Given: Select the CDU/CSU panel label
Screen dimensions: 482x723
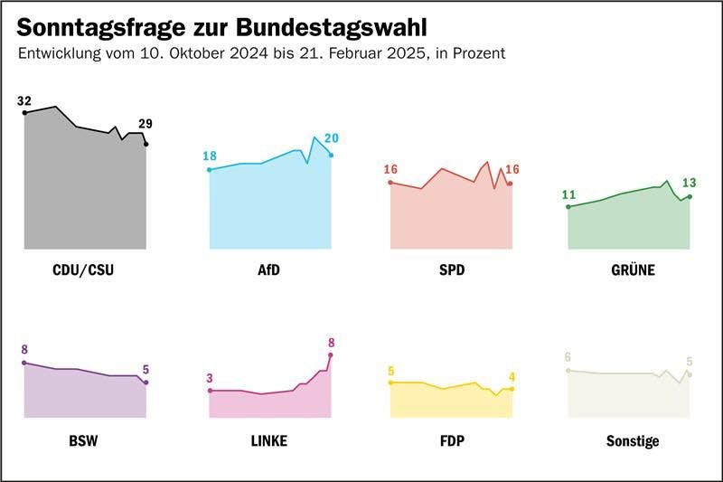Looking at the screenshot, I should (x=84, y=269).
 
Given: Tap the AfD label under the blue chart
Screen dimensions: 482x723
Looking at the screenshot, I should (x=269, y=269).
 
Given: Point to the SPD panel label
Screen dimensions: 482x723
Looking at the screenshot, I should (x=450, y=269).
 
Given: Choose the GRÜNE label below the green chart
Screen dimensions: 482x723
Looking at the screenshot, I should (x=632, y=269).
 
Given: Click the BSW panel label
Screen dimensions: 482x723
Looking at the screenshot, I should (x=84, y=441).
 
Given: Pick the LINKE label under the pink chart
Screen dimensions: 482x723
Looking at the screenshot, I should (x=269, y=441).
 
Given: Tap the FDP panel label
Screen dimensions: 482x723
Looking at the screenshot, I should (x=450, y=441).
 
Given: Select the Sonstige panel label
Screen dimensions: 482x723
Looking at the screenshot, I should (x=632, y=441).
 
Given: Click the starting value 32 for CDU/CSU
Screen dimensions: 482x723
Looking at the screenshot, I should (x=24, y=100).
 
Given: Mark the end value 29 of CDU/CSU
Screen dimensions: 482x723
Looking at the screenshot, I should (x=146, y=124).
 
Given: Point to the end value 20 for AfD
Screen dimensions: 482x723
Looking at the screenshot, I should (x=331, y=137).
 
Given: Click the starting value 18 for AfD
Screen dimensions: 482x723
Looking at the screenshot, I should (x=210, y=156).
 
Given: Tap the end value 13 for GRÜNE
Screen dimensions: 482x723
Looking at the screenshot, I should (x=690, y=182).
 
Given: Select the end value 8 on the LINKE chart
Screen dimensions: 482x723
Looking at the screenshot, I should (x=331, y=342).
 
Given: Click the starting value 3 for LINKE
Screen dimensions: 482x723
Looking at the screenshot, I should (x=210, y=378).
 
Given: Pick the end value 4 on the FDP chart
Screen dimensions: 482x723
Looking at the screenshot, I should (x=512, y=376).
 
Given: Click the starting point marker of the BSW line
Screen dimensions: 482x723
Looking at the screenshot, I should (x=24, y=363).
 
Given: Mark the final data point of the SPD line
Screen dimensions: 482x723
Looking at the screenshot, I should (x=510, y=184).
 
